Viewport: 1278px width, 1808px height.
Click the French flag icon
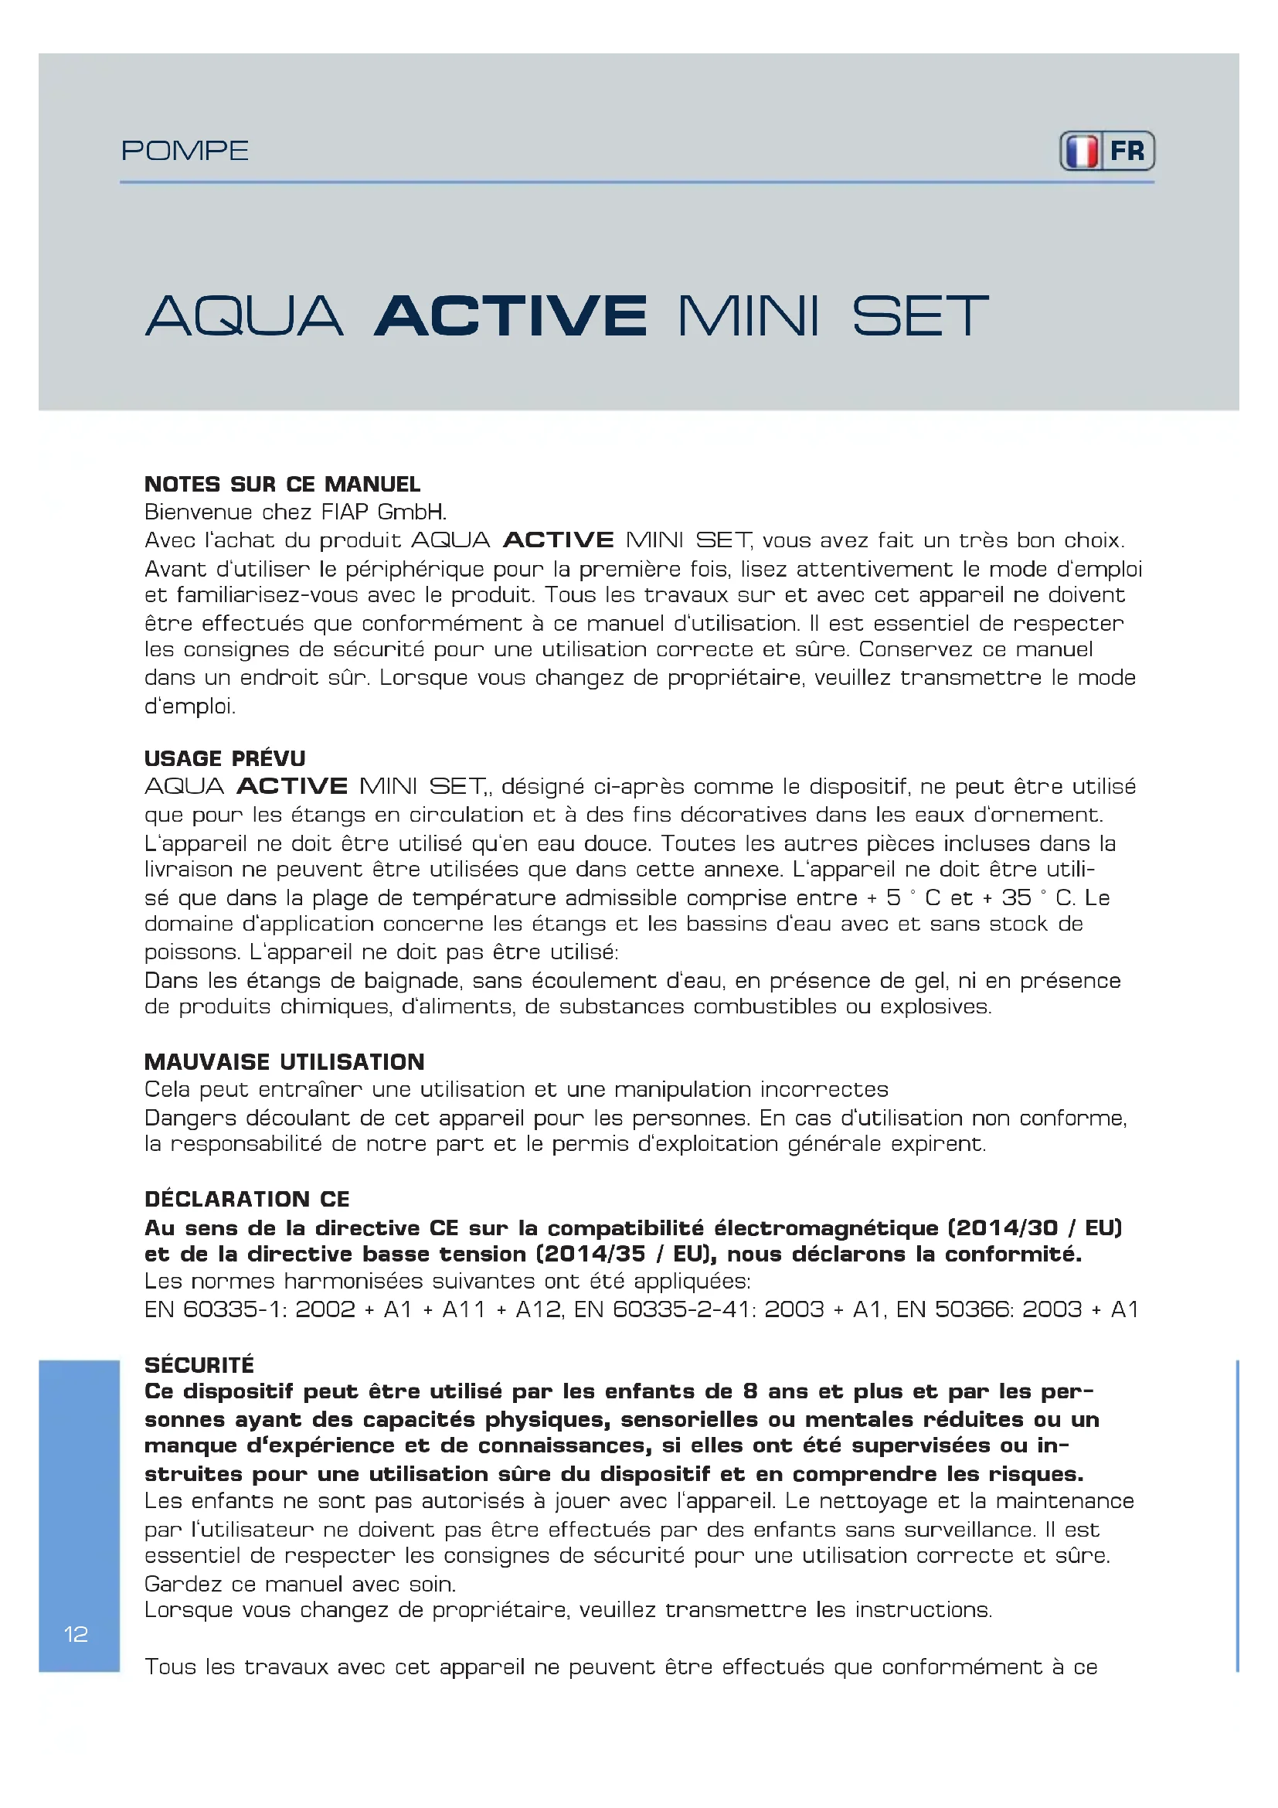pyautogui.click(x=1082, y=152)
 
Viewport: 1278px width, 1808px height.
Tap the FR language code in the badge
pyautogui.click(x=1127, y=152)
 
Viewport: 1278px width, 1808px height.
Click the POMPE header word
pyautogui.click(x=185, y=151)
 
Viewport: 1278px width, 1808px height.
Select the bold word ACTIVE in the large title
pyautogui.click(x=511, y=316)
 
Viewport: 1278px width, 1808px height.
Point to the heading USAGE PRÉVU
pyautogui.click(x=225, y=758)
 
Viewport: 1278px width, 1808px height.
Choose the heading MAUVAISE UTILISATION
pyautogui.click(x=284, y=1061)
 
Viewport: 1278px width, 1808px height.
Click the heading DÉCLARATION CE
pyautogui.click(x=247, y=1199)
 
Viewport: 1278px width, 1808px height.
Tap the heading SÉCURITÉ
pyautogui.click(x=199, y=1364)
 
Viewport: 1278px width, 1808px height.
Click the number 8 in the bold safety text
pyautogui.click(x=750, y=1391)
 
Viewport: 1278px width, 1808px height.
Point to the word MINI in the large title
pyautogui.click(x=749, y=316)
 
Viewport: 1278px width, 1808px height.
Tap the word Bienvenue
pyautogui.click(x=198, y=512)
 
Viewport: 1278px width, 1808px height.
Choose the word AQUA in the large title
pyautogui.click(x=244, y=316)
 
